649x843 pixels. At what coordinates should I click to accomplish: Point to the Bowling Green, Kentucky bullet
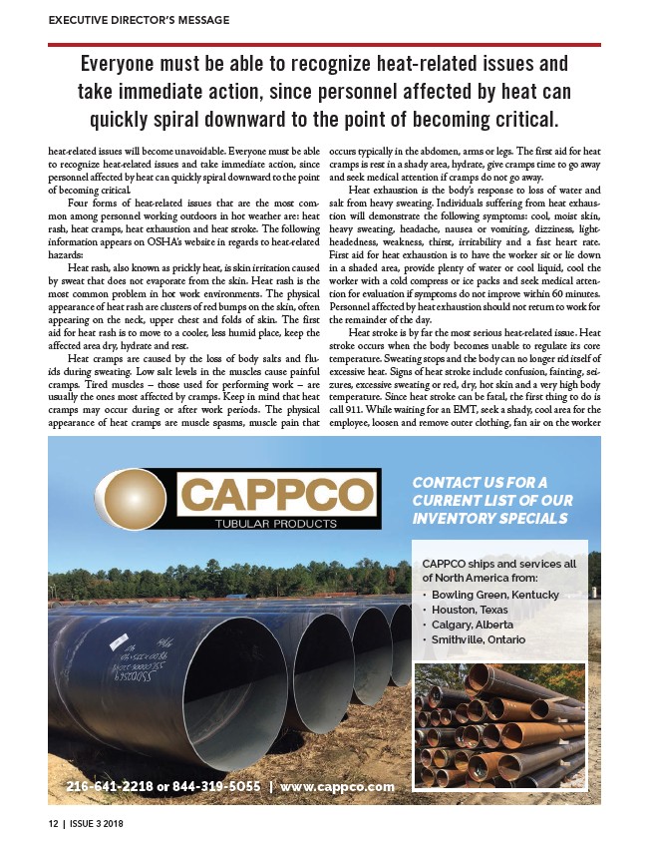(x=495, y=595)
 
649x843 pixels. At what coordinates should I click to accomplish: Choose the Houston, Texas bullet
(x=470, y=610)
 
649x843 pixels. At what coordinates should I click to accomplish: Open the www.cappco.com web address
(x=337, y=786)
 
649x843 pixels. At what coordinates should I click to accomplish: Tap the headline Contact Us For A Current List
(x=491, y=501)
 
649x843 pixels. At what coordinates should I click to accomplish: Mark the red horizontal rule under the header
(x=324, y=44)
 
